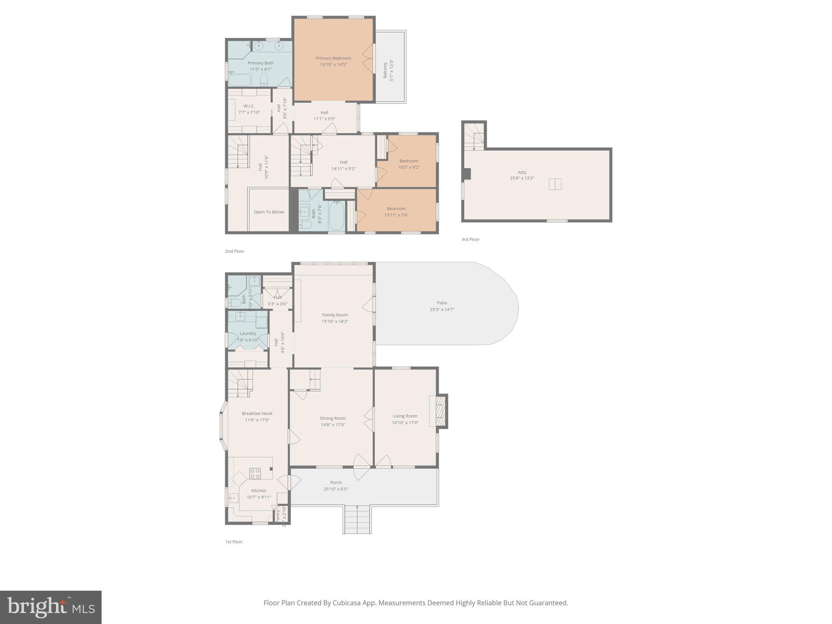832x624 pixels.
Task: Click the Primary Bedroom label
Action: click(x=333, y=58)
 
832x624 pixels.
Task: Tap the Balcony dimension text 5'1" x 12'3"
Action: click(x=392, y=70)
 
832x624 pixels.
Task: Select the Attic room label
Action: click(x=522, y=172)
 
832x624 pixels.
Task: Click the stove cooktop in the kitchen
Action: click(x=255, y=473)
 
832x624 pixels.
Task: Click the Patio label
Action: click(x=442, y=303)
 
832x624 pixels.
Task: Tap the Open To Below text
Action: click(x=269, y=212)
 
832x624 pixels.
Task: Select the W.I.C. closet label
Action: click(x=249, y=106)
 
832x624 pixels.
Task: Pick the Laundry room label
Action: click(x=248, y=334)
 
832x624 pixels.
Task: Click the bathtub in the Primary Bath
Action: click(x=240, y=80)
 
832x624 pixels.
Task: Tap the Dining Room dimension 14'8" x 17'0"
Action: click(x=333, y=425)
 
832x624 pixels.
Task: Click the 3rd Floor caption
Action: click(x=470, y=240)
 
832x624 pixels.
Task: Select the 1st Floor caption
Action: click(x=234, y=542)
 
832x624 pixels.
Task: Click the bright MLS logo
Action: click(x=51, y=607)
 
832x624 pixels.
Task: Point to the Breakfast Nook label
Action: click(x=257, y=414)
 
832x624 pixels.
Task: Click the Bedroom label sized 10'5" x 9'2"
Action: click(x=409, y=161)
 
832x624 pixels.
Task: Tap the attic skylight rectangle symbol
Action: click(x=555, y=184)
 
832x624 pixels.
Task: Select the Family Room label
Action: click(x=335, y=315)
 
